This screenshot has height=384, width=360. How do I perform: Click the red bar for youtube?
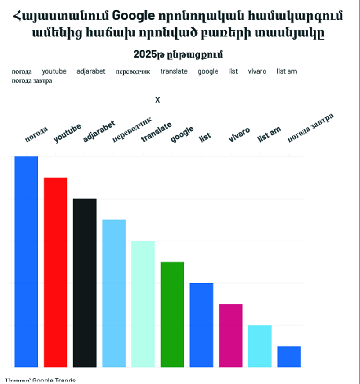point(55,272)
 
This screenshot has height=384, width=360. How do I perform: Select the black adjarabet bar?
point(85,282)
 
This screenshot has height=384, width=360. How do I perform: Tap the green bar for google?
point(172,314)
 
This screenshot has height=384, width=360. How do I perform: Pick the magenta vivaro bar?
point(231,335)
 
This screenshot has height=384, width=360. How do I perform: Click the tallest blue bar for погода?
point(26,262)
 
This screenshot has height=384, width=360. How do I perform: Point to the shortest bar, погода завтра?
point(289,357)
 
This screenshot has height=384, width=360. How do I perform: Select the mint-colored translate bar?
point(143,304)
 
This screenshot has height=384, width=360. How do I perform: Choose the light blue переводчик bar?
point(114,293)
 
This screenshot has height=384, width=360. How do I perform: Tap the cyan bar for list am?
point(260,346)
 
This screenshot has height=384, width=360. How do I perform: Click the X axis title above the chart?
point(157,100)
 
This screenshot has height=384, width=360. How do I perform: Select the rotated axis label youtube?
point(67,133)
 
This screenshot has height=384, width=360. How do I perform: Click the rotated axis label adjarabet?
point(99,131)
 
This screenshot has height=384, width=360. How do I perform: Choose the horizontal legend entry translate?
point(174,71)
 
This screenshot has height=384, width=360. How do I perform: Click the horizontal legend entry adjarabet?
point(91,71)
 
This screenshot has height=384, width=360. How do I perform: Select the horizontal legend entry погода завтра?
point(32,81)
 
